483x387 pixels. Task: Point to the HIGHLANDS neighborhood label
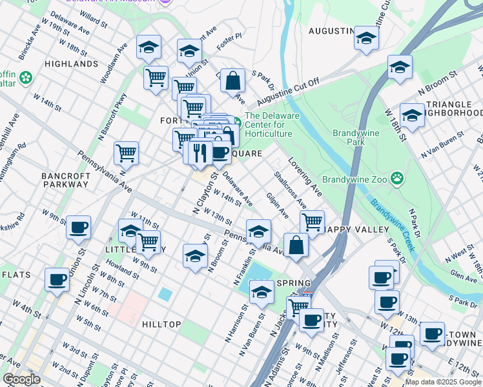coord(72,64)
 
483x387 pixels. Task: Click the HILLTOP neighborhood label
coord(161,324)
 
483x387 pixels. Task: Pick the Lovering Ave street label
coord(305,177)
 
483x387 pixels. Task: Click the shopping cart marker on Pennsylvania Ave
coord(126,153)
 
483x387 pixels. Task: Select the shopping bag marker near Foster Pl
coord(232,80)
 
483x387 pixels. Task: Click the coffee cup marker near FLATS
coord(57,279)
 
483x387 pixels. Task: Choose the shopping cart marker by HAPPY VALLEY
coord(312,221)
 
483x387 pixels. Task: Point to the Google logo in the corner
coord(21,379)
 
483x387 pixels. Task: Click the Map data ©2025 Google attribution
coord(443,382)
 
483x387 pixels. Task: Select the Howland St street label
coord(119,268)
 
